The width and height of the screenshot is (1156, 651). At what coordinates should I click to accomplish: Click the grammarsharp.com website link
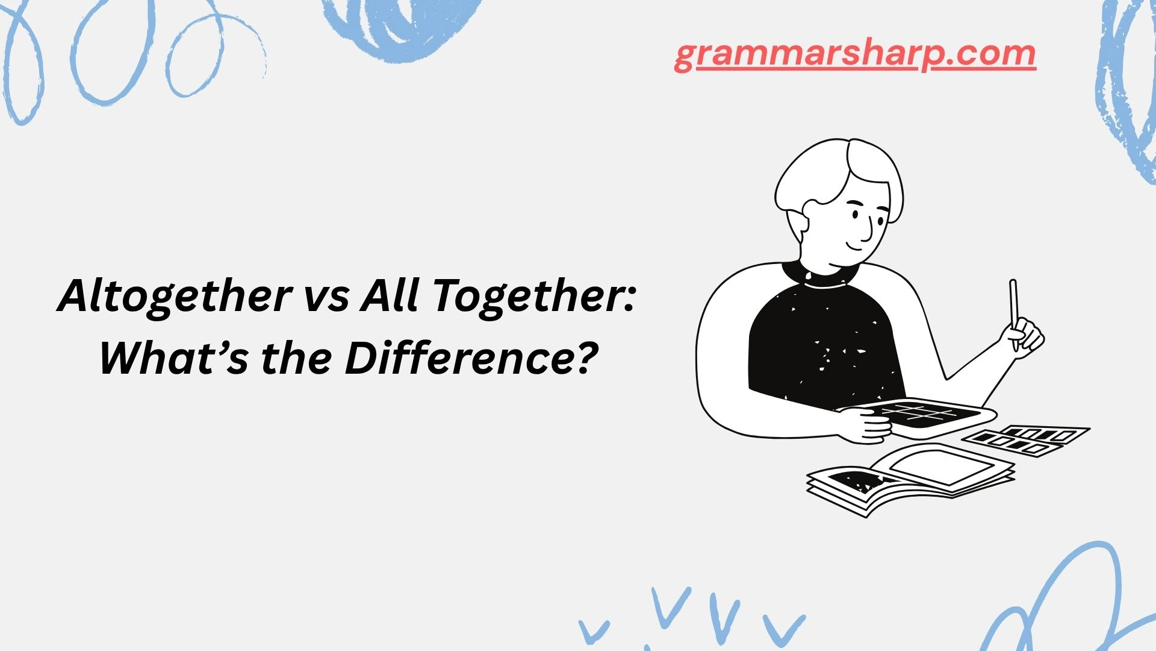855,55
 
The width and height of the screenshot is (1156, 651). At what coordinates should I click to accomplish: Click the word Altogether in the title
175,297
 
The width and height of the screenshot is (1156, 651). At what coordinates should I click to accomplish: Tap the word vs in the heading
327,297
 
